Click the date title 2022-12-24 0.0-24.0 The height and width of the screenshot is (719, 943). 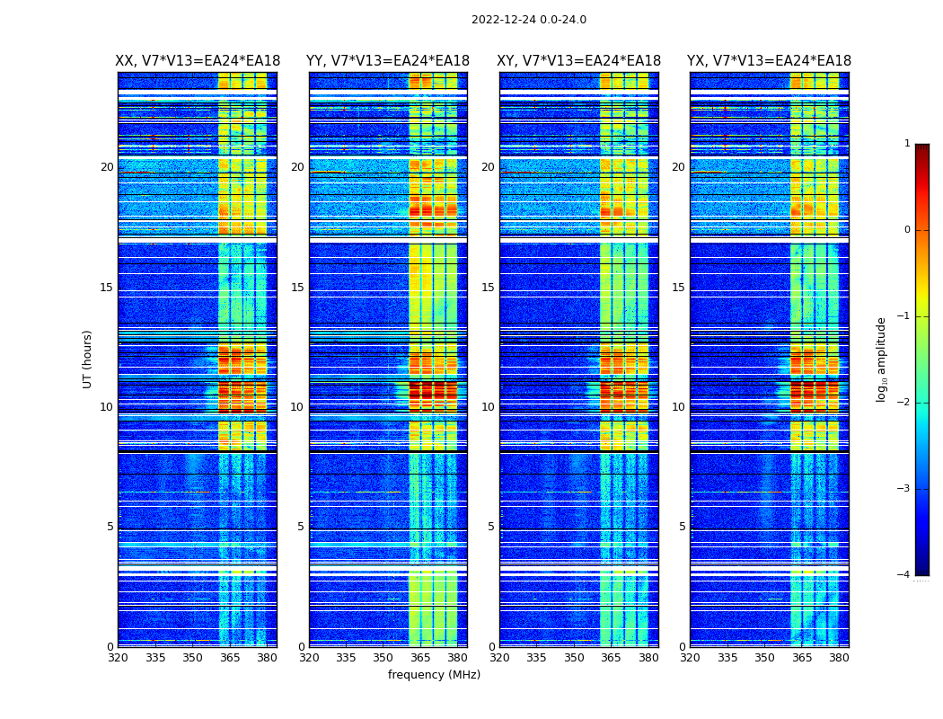[x=528, y=20]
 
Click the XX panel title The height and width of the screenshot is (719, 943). [x=198, y=61]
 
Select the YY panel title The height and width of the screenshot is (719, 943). [x=388, y=61]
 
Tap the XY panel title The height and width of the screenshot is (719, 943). [x=578, y=61]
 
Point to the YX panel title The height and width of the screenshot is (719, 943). [x=769, y=61]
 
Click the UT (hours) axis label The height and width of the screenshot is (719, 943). [x=88, y=359]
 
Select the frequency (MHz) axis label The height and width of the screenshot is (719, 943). [x=434, y=675]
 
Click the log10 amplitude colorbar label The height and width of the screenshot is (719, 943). [x=882, y=359]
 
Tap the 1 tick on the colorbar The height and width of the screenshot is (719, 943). [x=906, y=144]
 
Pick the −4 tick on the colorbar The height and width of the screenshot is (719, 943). [x=904, y=575]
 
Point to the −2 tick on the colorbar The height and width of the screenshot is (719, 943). [x=904, y=403]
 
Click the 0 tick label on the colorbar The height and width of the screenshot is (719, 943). [x=906, y=230]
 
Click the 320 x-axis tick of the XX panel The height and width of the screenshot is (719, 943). [x=118, y=658]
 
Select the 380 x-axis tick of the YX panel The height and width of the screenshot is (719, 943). [x=839, y=658]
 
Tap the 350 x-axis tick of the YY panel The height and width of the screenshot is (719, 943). [x=383, y=658]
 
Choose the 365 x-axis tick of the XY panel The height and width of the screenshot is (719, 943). [x=612, y=658]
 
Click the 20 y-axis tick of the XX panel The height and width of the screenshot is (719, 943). [x=107, y=167]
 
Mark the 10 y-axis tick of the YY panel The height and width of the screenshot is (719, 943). [x=297, y=407]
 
